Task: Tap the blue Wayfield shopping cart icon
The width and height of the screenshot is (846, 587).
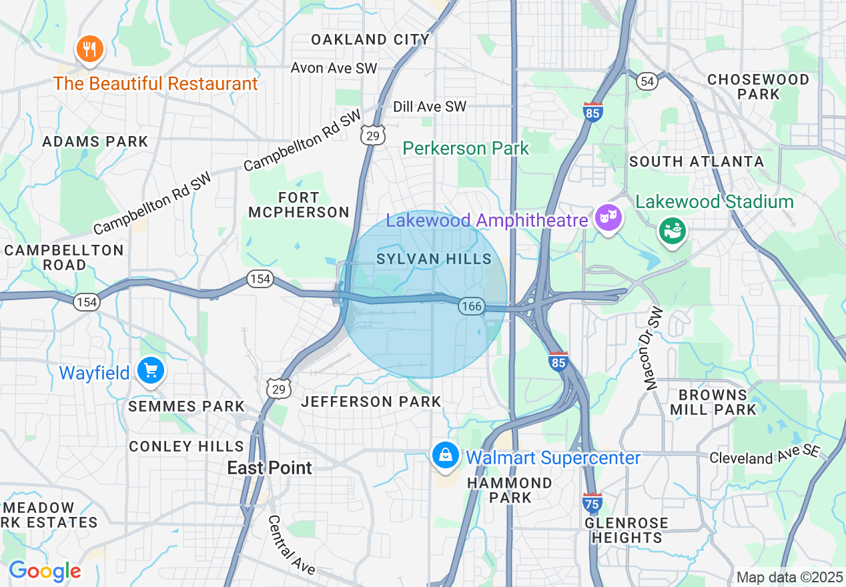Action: point(150,371)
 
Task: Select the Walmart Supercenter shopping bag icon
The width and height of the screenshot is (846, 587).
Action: point(444,456)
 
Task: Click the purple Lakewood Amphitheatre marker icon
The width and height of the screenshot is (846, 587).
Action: point(608,218)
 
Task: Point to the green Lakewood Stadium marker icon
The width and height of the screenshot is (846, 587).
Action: point(673,231)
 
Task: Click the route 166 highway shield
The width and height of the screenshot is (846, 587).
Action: point(471,306)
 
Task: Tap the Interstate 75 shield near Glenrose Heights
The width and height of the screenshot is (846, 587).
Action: point(592,502)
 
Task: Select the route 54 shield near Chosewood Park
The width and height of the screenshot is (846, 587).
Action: point(647,81)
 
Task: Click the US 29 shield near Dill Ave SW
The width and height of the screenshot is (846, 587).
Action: point(373,135)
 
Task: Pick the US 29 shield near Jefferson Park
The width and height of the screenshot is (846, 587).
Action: point(278,388)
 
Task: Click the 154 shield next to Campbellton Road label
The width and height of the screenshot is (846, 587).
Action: point(87,302)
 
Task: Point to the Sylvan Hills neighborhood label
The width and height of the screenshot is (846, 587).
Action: point(434,259)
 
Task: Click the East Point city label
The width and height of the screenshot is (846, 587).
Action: point(270,468)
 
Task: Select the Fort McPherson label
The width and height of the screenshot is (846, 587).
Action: point(299,205)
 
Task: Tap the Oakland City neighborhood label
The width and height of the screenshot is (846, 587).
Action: point(370,39)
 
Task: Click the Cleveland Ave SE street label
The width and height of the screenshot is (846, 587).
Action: point(764,456)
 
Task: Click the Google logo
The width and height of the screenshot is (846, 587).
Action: point(45,571)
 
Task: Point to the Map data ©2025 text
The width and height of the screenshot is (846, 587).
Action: point(790,577)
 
